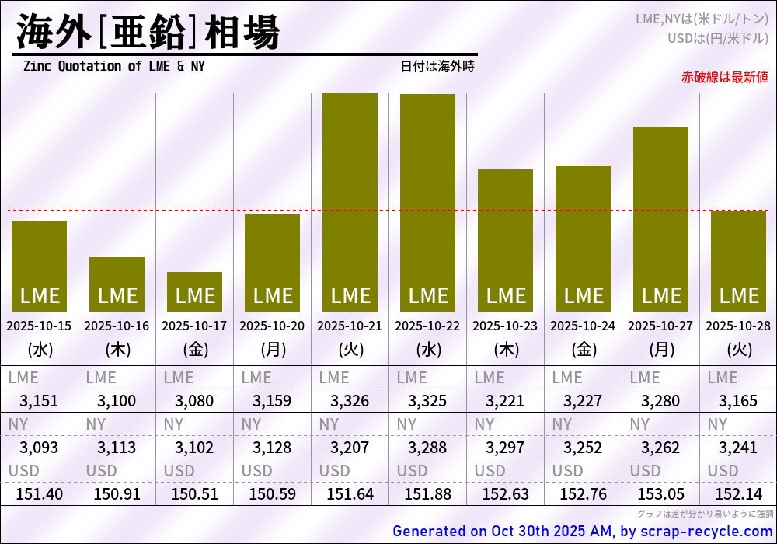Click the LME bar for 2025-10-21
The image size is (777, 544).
350,202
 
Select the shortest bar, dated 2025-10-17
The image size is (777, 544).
194,292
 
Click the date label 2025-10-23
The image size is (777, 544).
505,326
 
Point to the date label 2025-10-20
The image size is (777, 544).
272,326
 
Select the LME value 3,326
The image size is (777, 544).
350,402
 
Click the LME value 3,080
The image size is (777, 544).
194,402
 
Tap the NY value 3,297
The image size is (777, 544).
505,448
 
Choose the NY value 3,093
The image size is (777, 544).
39,448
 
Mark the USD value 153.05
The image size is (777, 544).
660,494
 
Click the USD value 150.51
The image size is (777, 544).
194,494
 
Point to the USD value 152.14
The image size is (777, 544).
738,494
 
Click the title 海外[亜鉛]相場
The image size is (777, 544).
148,33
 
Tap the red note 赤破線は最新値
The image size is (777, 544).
724,77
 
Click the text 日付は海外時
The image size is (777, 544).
437,66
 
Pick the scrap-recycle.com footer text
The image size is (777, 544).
583,532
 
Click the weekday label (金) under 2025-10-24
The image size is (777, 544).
583,350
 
